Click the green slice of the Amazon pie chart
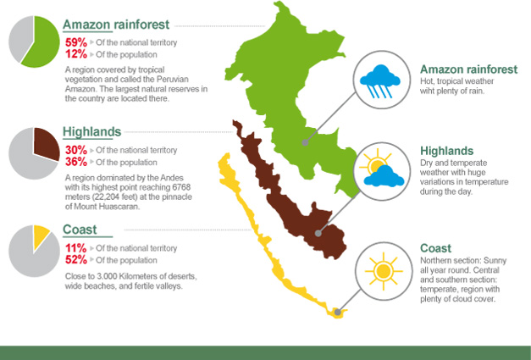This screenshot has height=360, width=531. [42, 42]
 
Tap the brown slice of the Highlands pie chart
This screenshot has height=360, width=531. [46, 143]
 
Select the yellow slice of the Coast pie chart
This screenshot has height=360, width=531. [40, 235]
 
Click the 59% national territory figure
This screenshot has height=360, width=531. [76, 42]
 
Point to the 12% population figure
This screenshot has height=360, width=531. [76, 54]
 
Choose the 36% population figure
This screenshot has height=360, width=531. [76, 162]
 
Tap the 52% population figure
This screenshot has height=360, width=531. [76, 260]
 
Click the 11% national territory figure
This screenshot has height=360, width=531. [76, 248]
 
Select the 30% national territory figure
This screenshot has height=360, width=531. [76, 150]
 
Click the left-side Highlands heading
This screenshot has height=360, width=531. [91, 132]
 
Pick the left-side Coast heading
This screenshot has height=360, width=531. [80, 230]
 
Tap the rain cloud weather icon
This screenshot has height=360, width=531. [380, 81]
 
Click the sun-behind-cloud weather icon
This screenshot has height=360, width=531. [382, 168]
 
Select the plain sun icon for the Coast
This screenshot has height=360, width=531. [384, 271]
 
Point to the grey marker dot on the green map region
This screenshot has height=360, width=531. [305, 142]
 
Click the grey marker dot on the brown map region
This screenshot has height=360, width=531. [318, 233]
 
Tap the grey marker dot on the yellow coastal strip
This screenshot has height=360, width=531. [337, 313]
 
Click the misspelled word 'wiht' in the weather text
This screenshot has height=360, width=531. [426, 91]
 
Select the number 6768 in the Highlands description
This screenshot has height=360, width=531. [181, 187]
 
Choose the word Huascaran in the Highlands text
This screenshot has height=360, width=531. [120, 206]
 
